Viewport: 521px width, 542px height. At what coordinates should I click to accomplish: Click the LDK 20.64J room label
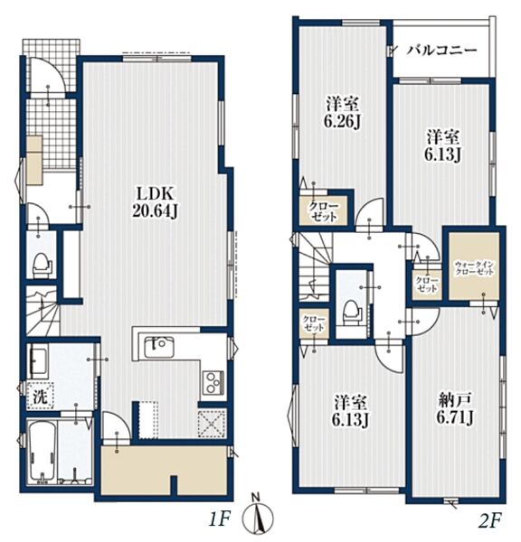coord(155,203)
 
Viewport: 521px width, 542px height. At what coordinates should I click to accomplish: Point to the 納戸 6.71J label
coord(455,409)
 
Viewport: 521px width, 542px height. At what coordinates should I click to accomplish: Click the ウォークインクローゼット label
coord(474,268)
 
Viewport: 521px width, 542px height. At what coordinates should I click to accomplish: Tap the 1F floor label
coord(219,519)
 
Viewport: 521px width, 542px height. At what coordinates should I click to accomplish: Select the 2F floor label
coord(490,519)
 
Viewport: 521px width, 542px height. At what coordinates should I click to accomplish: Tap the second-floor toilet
coord(350,312)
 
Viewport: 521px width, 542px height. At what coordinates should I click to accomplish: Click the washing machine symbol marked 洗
coord(40,397)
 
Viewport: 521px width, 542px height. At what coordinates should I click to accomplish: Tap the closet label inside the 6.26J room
coord(324,211)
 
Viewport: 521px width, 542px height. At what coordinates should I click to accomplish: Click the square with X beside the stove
coord(212,424)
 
